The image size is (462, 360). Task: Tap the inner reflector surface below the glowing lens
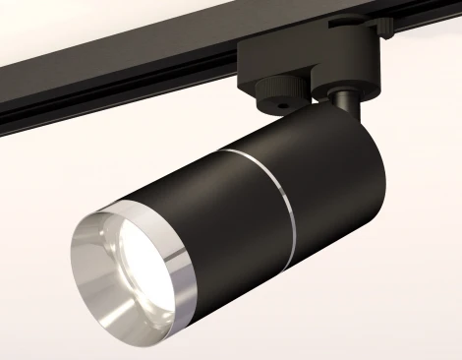[x=128, y=295]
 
